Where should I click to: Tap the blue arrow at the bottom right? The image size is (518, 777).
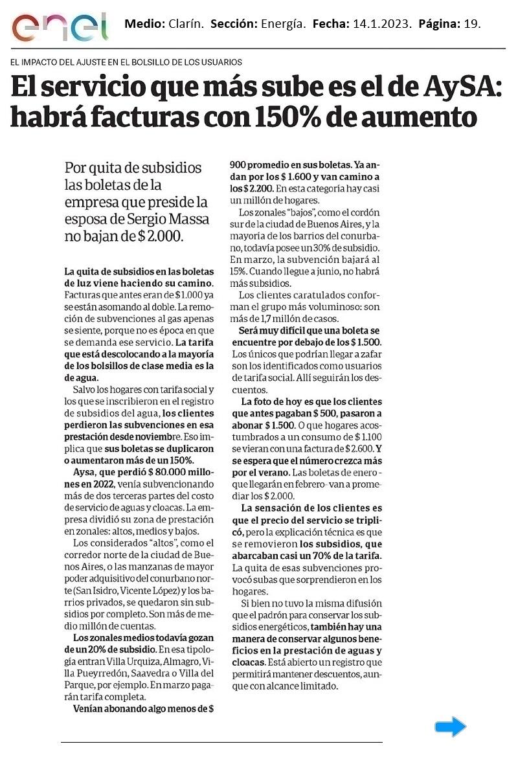[451, 727]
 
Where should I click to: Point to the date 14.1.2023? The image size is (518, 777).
[382, 25]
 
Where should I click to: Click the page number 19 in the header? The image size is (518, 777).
[472, 25]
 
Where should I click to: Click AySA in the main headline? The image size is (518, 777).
[457, 87]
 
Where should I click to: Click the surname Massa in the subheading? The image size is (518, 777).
[188, 219]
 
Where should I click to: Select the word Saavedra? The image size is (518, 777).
[150, 673]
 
